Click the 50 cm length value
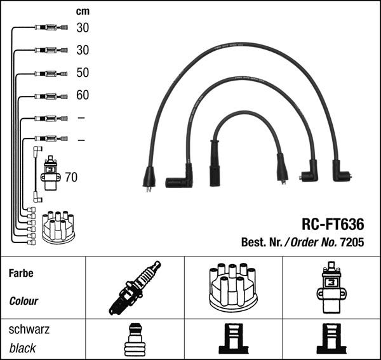tap(83, 72)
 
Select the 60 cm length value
tap(83, 95)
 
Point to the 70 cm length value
tap(71, 177)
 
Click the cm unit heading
tap(83, 11)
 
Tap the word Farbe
tap(20, 274)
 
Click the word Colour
tap(23, 301)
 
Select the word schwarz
tap(29, 330)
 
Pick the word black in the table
tap(22, 348)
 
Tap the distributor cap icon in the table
tap(233, 288)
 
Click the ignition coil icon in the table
tap(331, 288)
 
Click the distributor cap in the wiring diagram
tap(58, 227)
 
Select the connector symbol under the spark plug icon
tap(135, 339)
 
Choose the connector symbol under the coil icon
tap(331, 339)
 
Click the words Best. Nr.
tap(262, 242)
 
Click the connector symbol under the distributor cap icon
tap(233, 339)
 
